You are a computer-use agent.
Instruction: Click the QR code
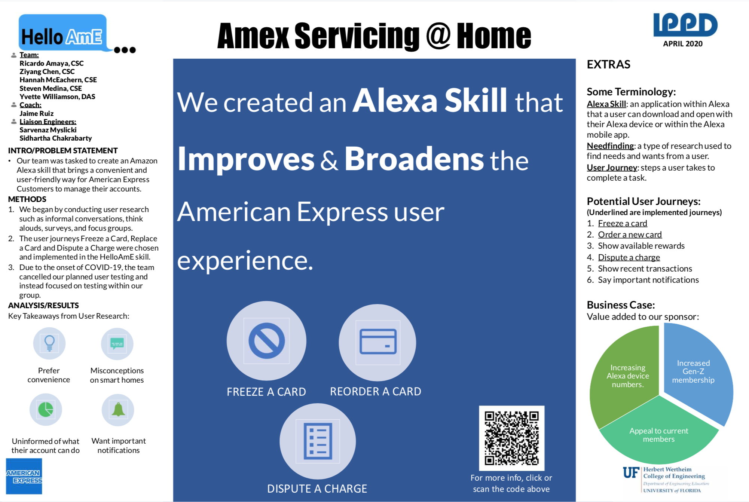(x=511, y=438)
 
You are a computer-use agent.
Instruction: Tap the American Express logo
(x=24, y=477)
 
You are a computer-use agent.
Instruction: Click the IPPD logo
(x=685, y=25)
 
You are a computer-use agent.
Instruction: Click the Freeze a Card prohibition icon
(x=266, y=341)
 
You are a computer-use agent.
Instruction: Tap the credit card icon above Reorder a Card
(x=377, y=342)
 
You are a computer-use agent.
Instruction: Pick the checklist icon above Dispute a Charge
(x=318, y=441)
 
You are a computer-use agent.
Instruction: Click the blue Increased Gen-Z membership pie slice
(x=696, y=370)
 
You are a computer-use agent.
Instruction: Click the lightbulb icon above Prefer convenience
(x=49, y=343)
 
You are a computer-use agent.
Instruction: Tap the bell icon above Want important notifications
(x=118, y=410)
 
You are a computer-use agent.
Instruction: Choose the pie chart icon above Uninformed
(x=46, y=410)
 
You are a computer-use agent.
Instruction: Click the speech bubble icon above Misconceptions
(x=117, y=343)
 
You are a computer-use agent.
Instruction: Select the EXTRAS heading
(x=608, y=64)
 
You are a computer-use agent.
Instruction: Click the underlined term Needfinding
(x=610, y=146)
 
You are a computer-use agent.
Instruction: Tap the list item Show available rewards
(x=641, y=246)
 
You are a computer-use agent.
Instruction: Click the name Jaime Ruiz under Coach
(x=36, y=113)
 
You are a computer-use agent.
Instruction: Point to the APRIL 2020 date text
(x=682, y=44)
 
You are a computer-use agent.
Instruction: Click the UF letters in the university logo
(x=631, y=473)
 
